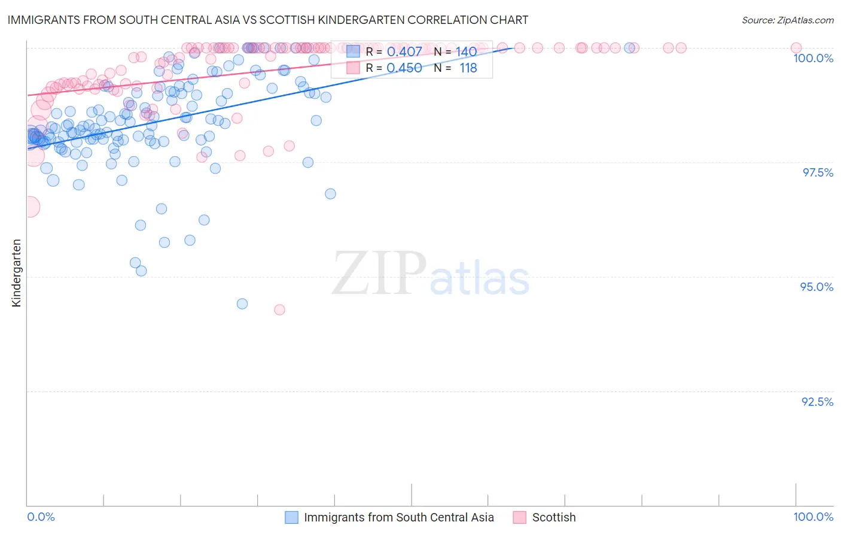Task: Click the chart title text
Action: [268, 20]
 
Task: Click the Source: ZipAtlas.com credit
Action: [787, 20]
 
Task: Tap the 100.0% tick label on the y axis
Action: [813, 58]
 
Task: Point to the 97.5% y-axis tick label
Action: [818, 172]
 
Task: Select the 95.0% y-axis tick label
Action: [816, 287]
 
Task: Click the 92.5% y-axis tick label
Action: [817, 402]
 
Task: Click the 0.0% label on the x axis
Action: [41, 517]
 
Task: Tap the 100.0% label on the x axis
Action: [813, 517]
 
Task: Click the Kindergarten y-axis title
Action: [16, 273]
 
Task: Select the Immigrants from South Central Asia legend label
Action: [398, 517]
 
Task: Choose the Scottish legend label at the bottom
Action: [554, 517]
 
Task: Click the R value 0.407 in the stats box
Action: [404, 51]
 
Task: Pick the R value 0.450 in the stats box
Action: [404, 68]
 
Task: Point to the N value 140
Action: [466, 51]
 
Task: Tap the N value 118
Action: [468, 68]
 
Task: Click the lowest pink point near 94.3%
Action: [279, 310]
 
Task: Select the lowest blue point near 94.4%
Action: [242, 304]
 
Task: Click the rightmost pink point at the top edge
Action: [796, 48]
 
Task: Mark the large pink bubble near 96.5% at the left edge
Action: [29, 207]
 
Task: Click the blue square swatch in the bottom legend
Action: [291, 517]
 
